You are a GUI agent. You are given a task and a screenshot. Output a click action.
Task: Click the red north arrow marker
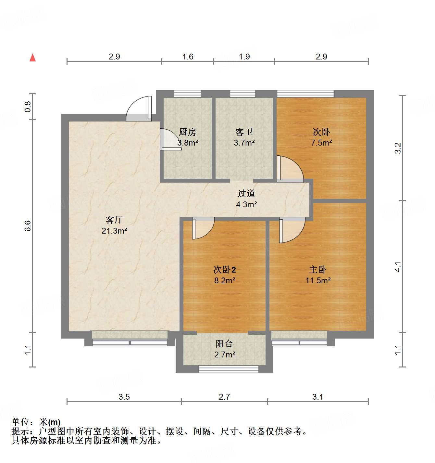pyautogui.click(x=32, y=58)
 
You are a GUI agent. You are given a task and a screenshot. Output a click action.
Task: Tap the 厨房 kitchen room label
pyautogui.click(x=188, y=132)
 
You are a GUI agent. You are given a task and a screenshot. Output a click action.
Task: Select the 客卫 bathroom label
pyautogui.click(x=244, y=132)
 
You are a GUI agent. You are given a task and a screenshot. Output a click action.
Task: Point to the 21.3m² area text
pyautogui.click(x=114, y=231)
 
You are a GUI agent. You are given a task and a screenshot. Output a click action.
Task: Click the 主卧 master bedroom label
pyautogui.click(x=318, y=270)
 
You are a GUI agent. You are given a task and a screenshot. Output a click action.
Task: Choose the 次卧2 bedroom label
pyautogui.click(x=225, y=270)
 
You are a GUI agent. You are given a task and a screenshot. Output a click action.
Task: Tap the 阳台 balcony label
pyautogui.click(x=224, y=344)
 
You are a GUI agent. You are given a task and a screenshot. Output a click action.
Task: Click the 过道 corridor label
pyautogui.click(x=246, y=194)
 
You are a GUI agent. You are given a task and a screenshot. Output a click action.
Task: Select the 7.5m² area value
pyautogui.click(x=321, y=143)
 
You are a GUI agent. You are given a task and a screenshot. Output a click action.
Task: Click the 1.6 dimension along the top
pyautogui.click(x=188, y=57)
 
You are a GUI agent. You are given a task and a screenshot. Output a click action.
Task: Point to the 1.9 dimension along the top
pyautogui.click(x=244, y=57)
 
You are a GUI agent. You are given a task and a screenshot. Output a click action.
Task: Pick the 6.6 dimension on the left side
pyautogui.click(x=28, y=226)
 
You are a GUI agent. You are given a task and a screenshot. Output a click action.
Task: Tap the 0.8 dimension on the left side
pyautogui.click(x=28, y=107)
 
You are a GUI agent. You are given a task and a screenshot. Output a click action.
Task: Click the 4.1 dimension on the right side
pyautogui.click(x=398, y=267)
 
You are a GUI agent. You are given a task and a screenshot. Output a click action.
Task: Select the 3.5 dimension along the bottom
pyautogui.click(x=124, y=397)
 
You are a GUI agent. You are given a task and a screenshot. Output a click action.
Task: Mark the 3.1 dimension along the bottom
pyautogui.click(x=317, y=397)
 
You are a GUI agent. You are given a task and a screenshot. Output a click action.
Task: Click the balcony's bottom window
pyautogui.click(x=228, y=369)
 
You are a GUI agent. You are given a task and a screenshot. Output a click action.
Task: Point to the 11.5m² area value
pyautogui.click(x=318, y=280)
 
